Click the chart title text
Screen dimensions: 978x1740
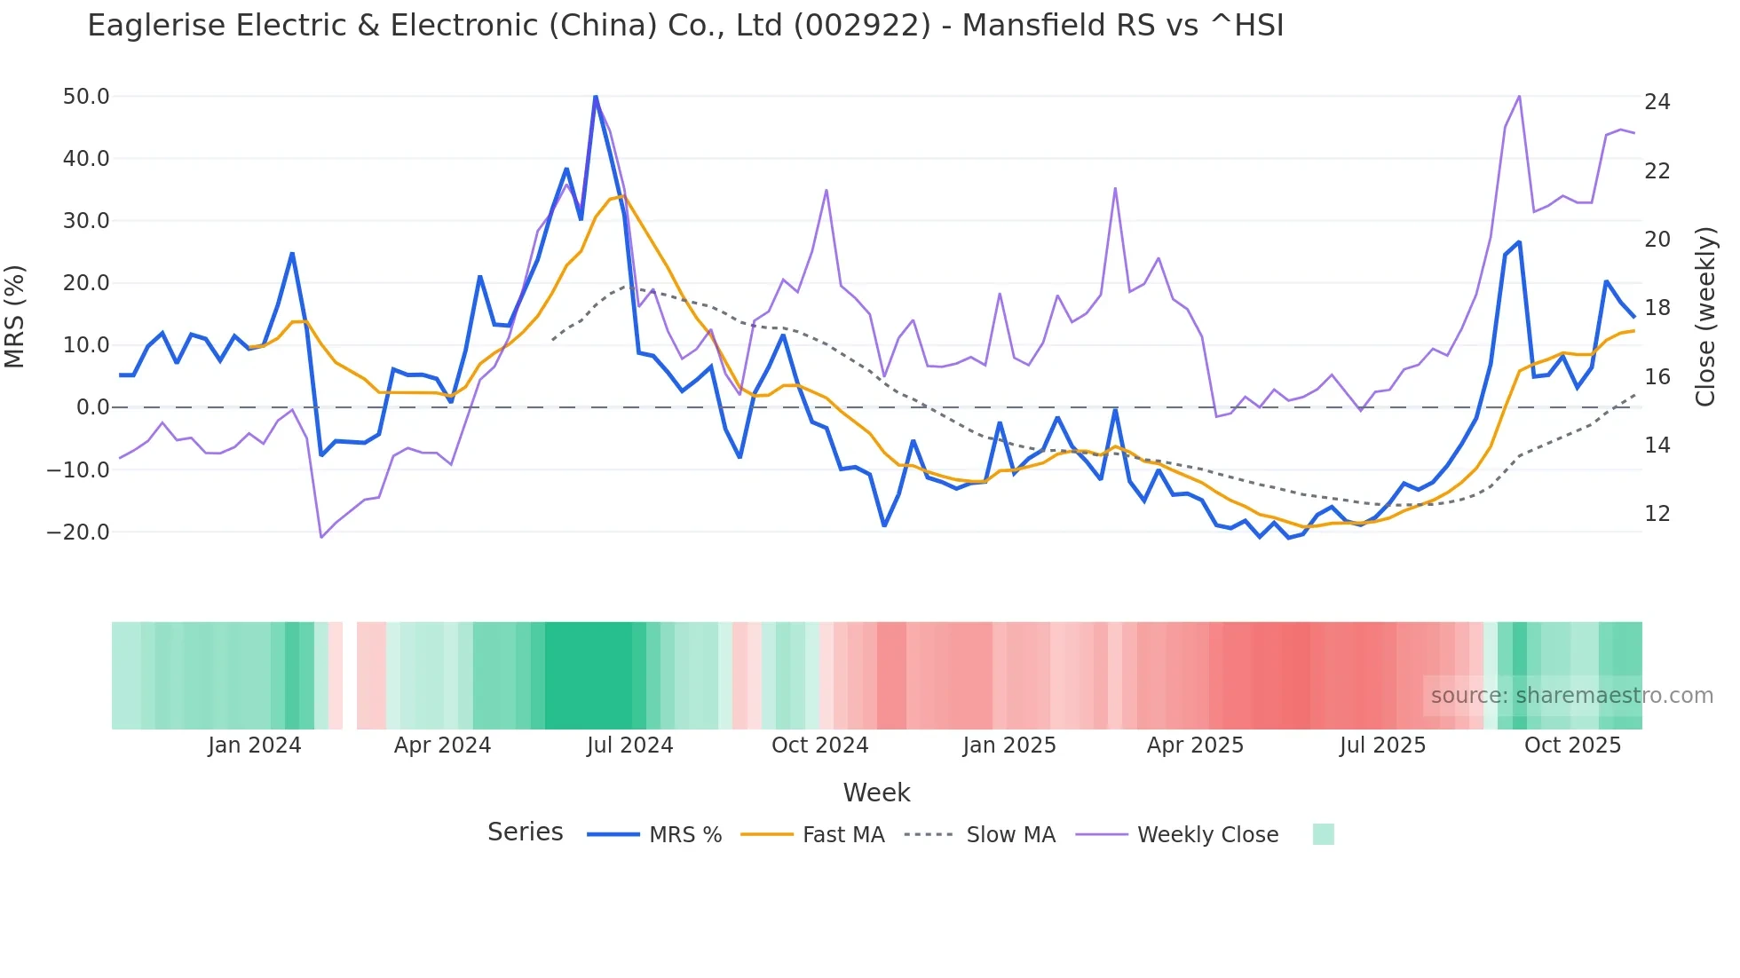685,26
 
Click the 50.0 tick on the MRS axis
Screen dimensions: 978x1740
86,97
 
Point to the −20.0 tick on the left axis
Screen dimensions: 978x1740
79,532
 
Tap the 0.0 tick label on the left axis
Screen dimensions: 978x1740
92,407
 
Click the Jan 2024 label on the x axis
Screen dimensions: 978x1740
255,745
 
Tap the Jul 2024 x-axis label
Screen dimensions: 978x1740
629,745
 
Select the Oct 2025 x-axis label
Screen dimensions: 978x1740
1572,745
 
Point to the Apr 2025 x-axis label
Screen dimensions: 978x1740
1195,745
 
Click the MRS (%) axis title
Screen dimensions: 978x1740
15,316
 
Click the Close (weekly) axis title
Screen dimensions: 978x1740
1705,316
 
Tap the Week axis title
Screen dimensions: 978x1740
876,793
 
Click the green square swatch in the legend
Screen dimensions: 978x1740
1323,834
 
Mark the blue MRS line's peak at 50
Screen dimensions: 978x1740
595,97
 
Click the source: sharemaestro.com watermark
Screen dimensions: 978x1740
1571,696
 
